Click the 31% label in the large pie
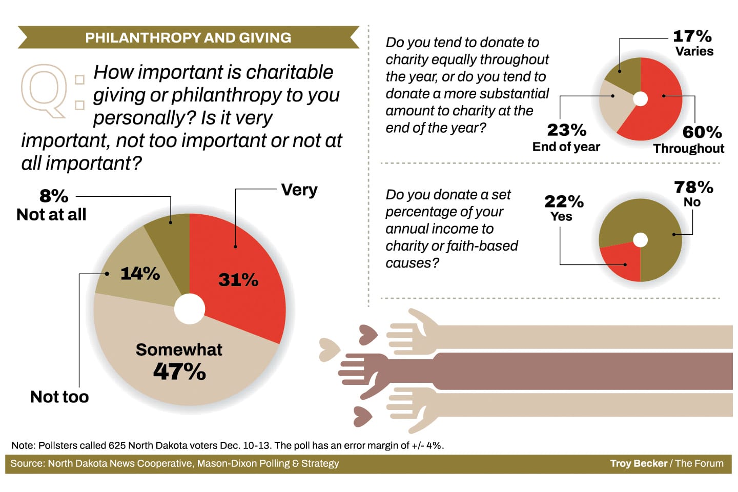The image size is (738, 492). click(238, 280)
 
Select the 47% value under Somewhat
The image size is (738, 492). click(179, 372)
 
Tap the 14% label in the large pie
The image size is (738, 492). click(140, 274)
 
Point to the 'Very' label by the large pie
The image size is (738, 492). click(299, 190)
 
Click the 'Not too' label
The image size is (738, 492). click(59, 397)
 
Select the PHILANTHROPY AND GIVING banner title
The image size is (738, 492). click(188, 38)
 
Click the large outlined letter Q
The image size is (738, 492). click(44, 90)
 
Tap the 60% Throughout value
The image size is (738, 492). click(702, 132)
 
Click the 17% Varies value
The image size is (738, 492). click(692, 36)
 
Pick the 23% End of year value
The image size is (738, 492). click(566, 130)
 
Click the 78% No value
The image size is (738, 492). click(693, 187)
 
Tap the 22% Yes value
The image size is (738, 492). click(564, 201)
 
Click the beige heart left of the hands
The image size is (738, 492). click(329, 350)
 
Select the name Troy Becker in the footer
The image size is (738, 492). click(639, 463)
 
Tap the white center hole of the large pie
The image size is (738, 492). click(190, 309)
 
